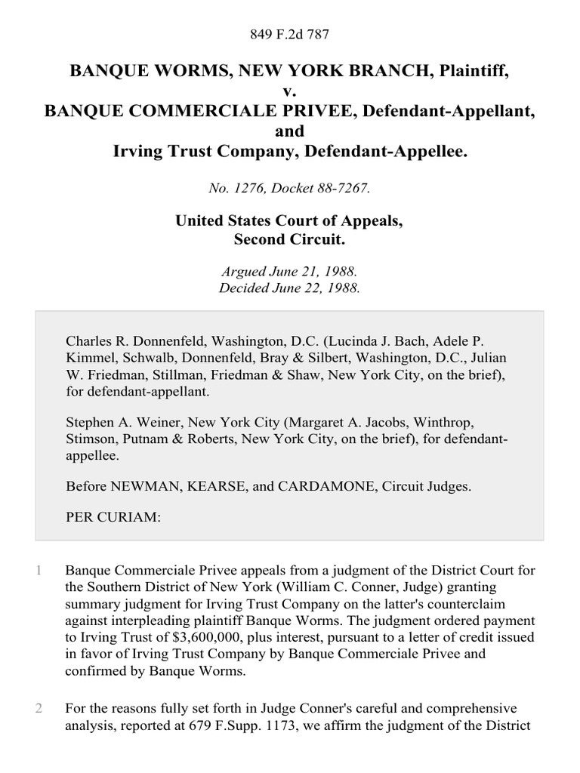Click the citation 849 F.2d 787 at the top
(290, 34)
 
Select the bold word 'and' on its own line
(290, 131)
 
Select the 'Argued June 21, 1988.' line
(290, 271)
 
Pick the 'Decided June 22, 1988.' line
(290, 288)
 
